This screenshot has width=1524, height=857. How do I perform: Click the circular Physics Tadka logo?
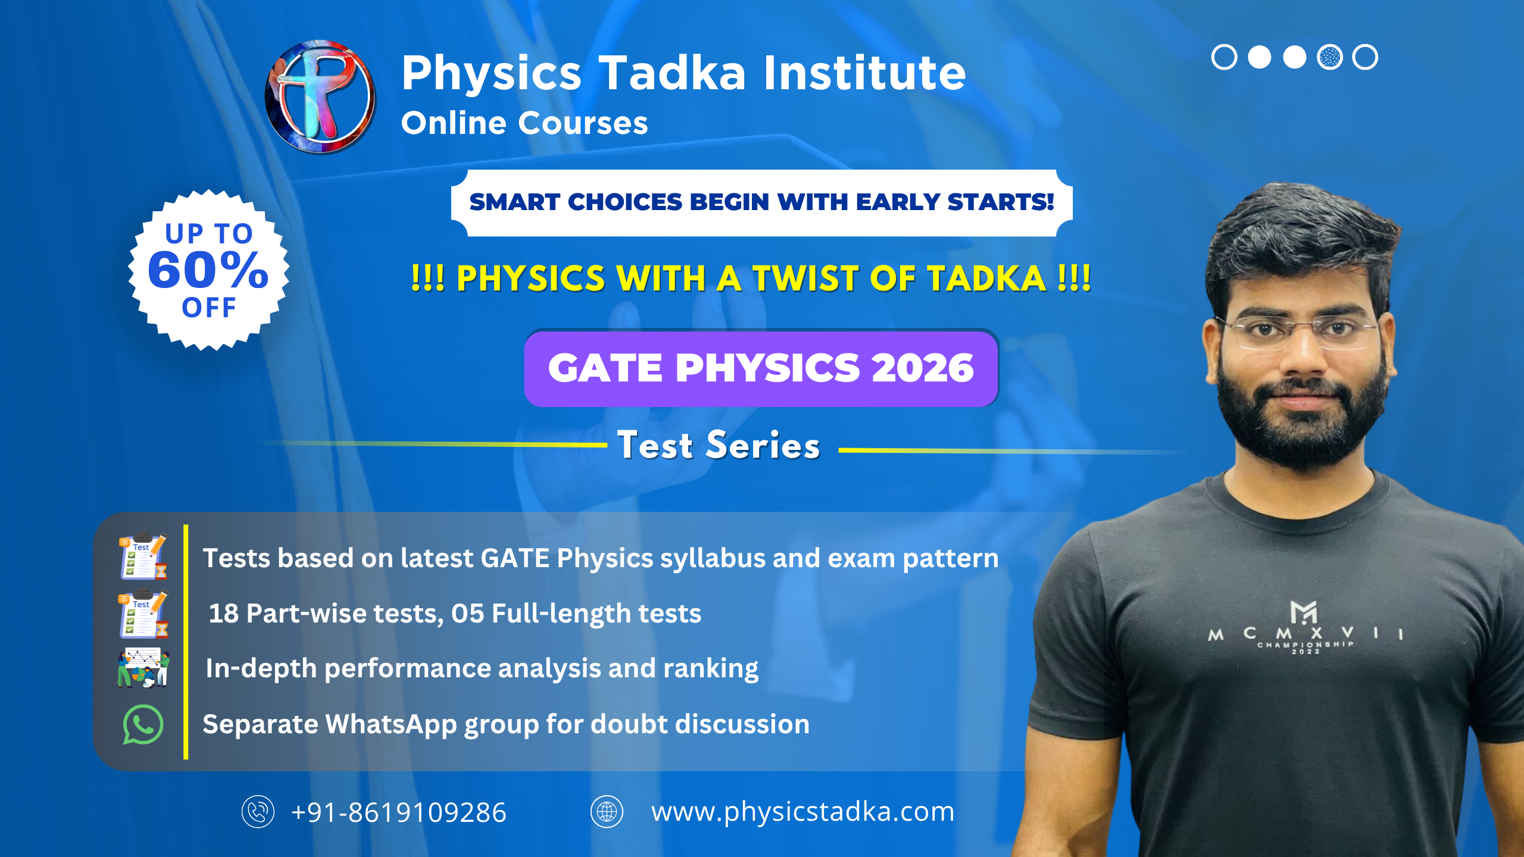(x=320, y=97)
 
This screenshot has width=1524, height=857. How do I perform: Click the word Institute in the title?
(x=864, y=73)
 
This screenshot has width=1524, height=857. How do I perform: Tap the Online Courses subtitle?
(x=524, y=123)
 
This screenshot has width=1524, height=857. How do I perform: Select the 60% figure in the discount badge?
(x=208, y=270)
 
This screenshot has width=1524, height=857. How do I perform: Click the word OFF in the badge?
(x=209, y=308)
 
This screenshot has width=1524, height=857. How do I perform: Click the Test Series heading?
(x=719, y=445)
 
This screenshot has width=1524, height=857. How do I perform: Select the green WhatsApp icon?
(x=143, y=724)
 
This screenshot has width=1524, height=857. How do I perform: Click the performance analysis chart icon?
(x=143, y=668)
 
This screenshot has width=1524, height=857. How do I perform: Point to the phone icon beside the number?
(x=258, y=812)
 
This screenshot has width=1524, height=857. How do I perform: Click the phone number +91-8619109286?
(x=399, y=812)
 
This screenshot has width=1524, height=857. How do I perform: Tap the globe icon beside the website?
(x=607, y=812)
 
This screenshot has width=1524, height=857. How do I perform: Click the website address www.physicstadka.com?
(x=802, y=812)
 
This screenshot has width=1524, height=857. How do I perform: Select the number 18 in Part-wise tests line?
(x=223, y=614)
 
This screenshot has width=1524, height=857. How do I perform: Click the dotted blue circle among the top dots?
(x=1330, y=57)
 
